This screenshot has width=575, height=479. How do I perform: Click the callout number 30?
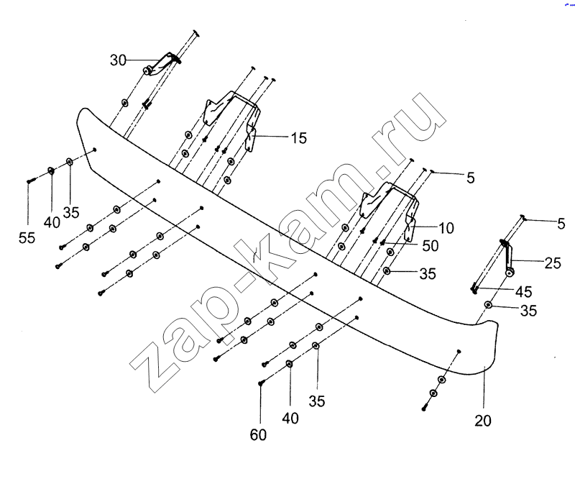click(119, 60)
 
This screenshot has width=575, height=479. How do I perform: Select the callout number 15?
click(298, 136)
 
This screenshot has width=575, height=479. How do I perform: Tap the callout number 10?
click(446, 228)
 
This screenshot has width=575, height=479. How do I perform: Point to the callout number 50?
click(430, 246)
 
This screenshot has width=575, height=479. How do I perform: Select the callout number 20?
click(483, 421)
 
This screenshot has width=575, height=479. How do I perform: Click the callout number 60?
click(259, 435)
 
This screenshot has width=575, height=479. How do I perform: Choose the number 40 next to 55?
click(51, 222)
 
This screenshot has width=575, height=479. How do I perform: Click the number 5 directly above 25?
click(561, 223)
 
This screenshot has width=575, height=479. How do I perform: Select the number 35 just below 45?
click(528, 311)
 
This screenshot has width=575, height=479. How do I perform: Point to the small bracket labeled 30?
click(162, 63)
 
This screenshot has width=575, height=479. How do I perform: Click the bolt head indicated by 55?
click(28, 181)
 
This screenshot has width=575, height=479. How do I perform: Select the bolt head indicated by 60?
click(261, 384)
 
